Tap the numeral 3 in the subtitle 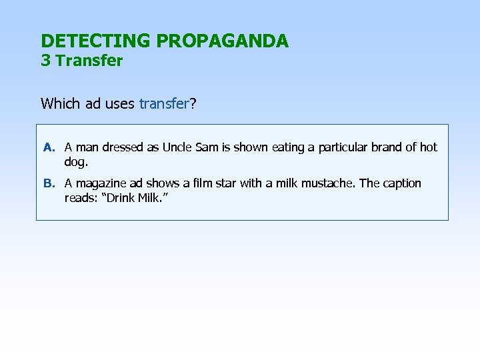click(45, 61)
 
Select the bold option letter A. click(48, 147)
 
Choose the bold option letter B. click(48, 183)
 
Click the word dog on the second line click(75, 161)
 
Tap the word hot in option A click(429, 147)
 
